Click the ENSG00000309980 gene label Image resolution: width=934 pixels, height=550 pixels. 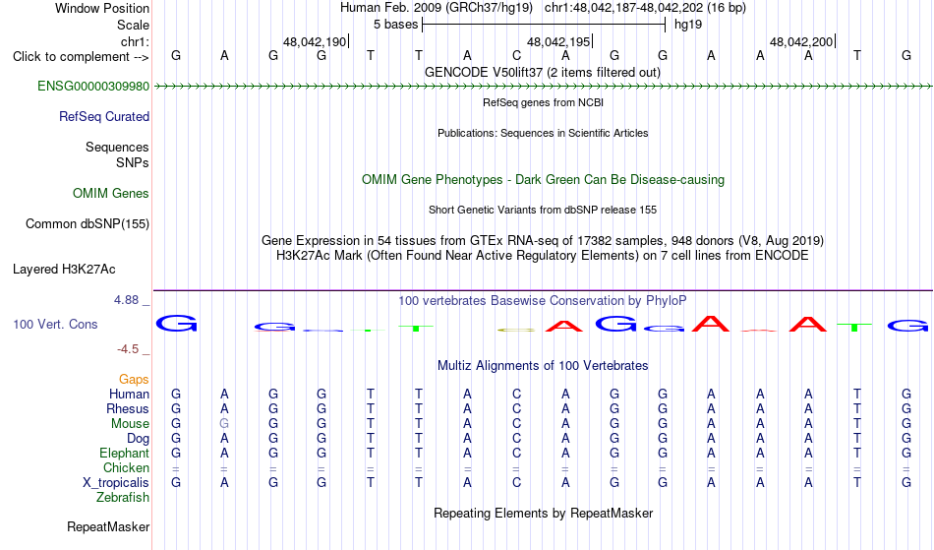pos(93,87)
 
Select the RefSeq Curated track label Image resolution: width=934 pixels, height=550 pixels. pos(104,117)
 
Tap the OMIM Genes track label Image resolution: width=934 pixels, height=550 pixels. pos(111,194)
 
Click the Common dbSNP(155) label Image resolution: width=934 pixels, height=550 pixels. pos(88,224)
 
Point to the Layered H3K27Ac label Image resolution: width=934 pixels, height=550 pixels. pos(64,270)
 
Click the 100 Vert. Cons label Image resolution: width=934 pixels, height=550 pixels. pos(55,324)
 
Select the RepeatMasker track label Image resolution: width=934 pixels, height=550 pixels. pos(108,526)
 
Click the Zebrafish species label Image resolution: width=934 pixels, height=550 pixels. pos(123,497)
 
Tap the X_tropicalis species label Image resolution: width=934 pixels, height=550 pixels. pos(116,483)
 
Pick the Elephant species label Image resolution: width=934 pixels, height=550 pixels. pos(125,453)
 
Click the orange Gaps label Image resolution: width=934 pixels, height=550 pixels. pos(134,380)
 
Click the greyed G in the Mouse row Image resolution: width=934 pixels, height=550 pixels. pos(224,424)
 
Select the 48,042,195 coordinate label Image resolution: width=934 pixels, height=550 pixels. pos(558,41)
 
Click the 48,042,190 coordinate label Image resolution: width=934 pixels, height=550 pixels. pos(315,41)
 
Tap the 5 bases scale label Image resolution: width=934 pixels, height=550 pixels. pos(396,25)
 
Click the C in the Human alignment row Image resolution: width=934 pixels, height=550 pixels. pos(516,394)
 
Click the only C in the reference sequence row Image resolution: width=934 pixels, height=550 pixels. pos(516,55)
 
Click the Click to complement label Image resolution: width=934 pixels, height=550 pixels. pos(81,57)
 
